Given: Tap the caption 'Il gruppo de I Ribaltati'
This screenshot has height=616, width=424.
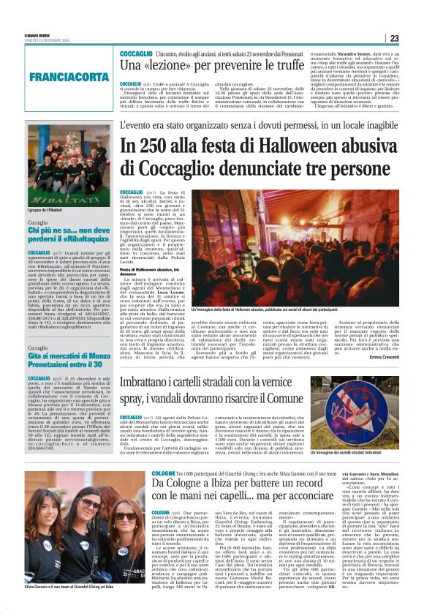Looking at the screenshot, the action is (x=48, y=211).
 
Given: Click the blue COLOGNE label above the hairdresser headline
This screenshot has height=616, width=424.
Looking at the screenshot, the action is (x=163, y=473).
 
